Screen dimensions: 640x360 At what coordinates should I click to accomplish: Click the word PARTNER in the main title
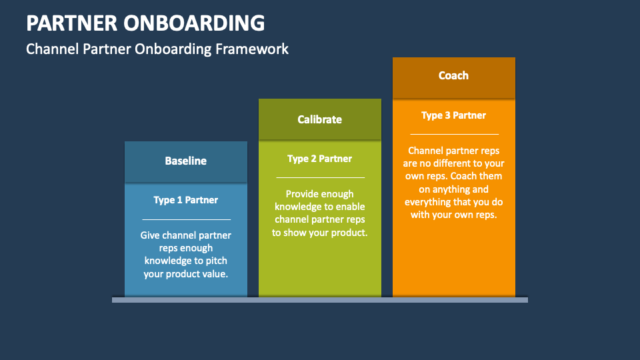[71, 23]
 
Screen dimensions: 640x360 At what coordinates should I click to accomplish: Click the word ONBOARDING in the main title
[194, 23]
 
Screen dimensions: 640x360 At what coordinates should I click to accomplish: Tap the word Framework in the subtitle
[252, 49]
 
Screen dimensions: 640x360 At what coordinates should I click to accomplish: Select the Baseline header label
[186, 161]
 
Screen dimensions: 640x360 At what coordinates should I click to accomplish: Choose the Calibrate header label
[319, 119]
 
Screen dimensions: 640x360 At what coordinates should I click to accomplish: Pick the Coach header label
[453, 75]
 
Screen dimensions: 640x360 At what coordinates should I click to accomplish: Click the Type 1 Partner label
[186, 200]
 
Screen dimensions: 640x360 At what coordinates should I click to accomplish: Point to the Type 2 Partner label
[319, 159]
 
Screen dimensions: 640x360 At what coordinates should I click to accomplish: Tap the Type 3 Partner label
[453, 115]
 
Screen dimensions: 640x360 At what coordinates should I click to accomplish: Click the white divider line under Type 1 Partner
[187, 219]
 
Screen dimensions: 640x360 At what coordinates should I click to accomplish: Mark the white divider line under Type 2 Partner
[321, 177]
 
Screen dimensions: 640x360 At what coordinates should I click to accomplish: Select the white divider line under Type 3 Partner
[454, 134]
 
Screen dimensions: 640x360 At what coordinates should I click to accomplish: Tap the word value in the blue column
[215, 274]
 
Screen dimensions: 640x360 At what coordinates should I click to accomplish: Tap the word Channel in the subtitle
[53, 49]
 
